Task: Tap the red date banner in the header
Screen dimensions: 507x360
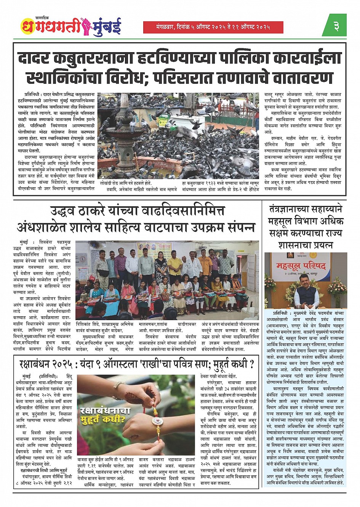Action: point(213,27)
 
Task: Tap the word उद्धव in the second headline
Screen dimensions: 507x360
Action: point(67,210)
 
